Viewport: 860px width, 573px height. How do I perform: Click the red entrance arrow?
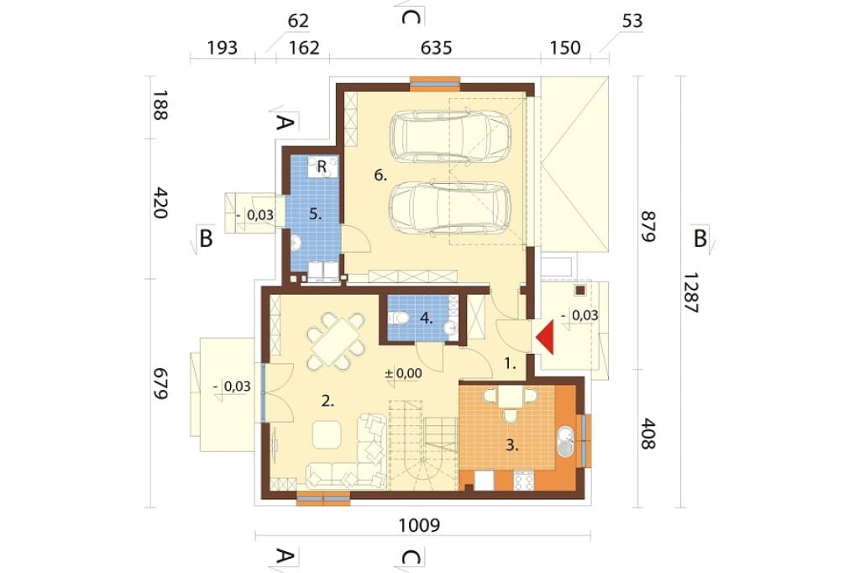[x=546, y=338]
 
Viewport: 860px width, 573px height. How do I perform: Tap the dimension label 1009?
[x=419, y=525]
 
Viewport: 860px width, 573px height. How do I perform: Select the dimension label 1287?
[x=691, y=292]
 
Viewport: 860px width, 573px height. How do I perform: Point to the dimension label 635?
[x=436, y=48]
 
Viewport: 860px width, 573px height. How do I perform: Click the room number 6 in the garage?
[x=380, y=176]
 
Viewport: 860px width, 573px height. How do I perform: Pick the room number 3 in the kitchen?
[x=511, y=445]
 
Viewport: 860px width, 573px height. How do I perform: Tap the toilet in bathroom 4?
[x=398, y=318]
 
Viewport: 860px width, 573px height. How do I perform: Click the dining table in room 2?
[x=335, y=341]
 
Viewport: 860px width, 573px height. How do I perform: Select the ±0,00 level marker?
[x=403, y=374]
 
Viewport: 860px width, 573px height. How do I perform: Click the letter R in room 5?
[x=322, y=166]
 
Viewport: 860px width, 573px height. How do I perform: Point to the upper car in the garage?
[x=450, y=137]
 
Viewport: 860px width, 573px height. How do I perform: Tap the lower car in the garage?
[x=450, y=208]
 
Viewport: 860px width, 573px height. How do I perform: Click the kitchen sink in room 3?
[x=565, y=442]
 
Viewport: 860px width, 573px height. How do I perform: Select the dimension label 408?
[x=648, y=434]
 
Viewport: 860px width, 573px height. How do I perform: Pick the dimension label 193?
[x=222, y=48]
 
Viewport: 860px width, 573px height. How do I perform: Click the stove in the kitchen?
[x=523, y=481]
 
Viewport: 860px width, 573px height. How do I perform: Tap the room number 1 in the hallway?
[x=510, y=363]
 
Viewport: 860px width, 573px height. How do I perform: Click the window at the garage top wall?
[x=435, y=83]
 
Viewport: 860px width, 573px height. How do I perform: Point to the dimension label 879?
[x=648, y=226]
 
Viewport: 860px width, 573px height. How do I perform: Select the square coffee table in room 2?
[x=327, y=434]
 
